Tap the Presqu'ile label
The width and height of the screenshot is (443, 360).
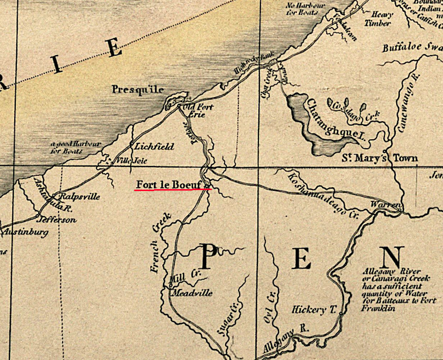coord(137,90)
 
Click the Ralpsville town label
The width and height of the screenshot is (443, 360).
coord(79,196)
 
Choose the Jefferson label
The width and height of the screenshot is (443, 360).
coord(58,220)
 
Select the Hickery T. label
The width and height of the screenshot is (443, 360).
coord(314,310)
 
